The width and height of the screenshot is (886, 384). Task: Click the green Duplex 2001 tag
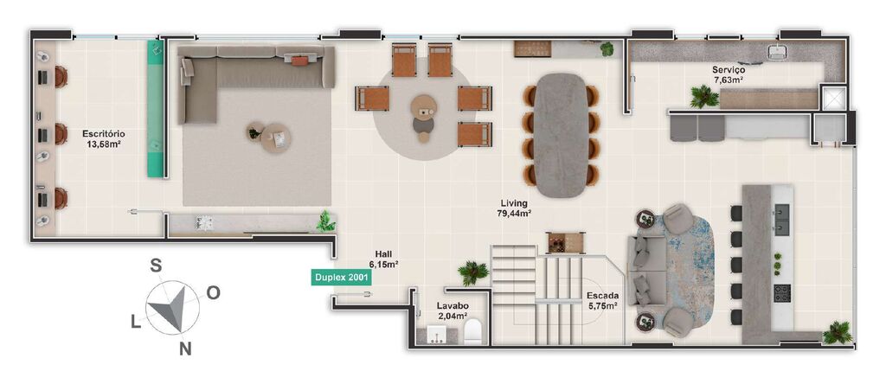pyautogui.click(x=341, y=278)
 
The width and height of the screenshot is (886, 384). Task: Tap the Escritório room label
pyautogui.click(x=102, y=139)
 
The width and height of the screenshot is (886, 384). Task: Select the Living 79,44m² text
pyautogui.click(x=514, y=208)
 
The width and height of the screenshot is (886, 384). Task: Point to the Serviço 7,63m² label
pyautogui.click(x=729, y=74)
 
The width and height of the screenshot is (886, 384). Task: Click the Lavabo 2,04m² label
pyautogui.click(x=453, y=310)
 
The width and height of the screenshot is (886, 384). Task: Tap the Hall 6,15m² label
pyautogui.click(x=383, y=259)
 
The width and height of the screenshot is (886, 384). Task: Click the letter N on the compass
pyautogui.click(x=184, y=349)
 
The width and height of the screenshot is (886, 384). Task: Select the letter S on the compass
pyautogui.click(x=157, y=266)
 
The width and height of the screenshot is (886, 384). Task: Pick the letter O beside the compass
pyautogui.click(x=213, y=292)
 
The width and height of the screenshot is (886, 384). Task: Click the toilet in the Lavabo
pyautogui.click(x=472, y=334)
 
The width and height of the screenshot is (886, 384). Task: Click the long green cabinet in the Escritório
pyautogui.click(x=155, y=108)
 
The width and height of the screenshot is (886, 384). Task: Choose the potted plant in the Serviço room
pyautogui.click(x=703, y=96)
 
